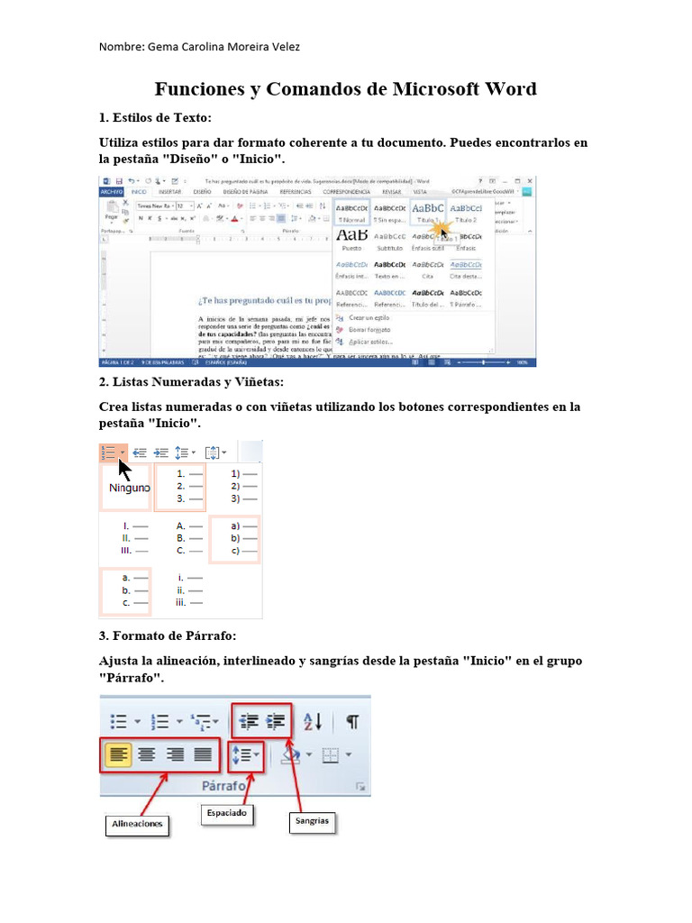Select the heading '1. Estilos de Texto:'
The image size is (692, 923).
(155, 118)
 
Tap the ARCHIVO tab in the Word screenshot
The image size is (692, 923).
(111, 192)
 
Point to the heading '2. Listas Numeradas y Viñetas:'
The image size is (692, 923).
(191, 382)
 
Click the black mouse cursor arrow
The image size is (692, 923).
(124, 471)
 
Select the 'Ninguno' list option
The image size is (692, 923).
(131, 488)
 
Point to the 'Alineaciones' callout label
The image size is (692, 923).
(137, 824)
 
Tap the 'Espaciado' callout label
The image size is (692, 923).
(226, 813)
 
